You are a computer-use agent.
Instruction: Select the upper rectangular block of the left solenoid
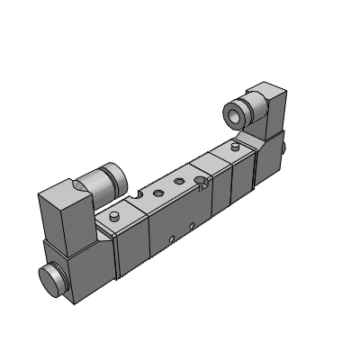click(63, 212)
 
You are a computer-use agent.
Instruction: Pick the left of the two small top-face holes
click(157, 193)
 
